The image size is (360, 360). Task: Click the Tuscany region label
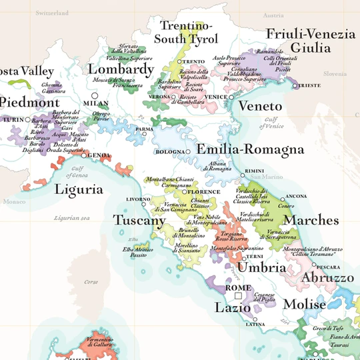point(139,221)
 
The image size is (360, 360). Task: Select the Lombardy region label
point(121,69)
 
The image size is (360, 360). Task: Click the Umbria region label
point(262,267)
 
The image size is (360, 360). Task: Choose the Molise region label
point(304,304)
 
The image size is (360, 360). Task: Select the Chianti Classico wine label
point(199,203)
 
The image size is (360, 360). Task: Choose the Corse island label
point(91,282)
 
